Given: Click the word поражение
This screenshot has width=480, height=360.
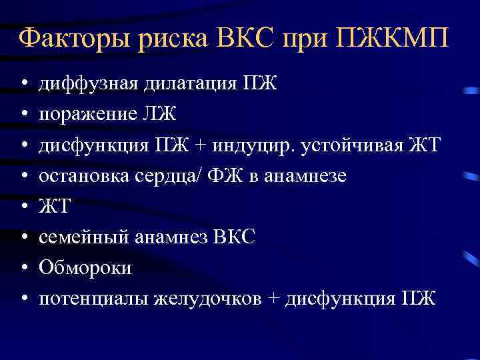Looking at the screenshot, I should (x=87, y=114).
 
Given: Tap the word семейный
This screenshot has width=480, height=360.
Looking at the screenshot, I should (x=81, y=237).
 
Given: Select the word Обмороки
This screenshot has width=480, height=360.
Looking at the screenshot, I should (x=85, y=267).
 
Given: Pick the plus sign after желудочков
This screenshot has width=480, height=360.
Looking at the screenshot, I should (x=273, y=299).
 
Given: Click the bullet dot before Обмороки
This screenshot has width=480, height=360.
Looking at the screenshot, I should (x=23, y=268).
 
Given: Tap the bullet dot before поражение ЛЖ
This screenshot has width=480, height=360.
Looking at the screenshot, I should (x=23, y=115).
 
